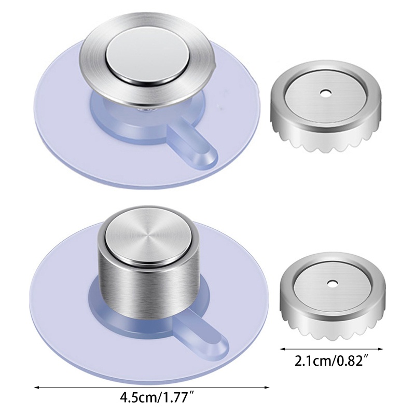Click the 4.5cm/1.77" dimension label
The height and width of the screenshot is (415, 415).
pyautogui.click(x=158, y=397)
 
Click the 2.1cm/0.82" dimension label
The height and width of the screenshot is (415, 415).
pyautogui.click(x=332, y=361)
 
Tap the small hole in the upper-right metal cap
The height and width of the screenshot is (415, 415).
pyautogui.click(x=325, y=93)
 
